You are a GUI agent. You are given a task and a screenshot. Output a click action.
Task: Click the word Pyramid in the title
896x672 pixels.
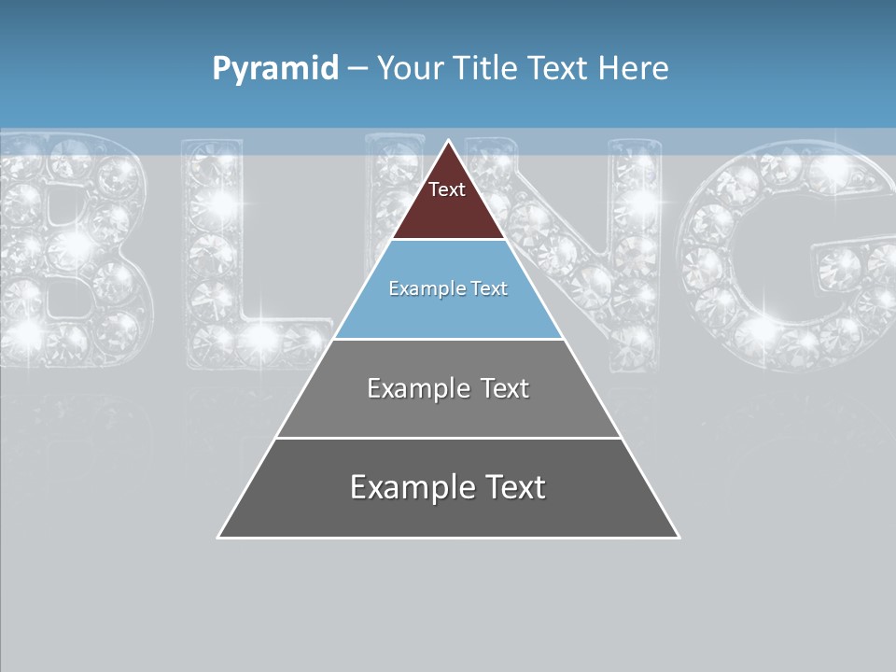pyautogui.click(x=274, y=68)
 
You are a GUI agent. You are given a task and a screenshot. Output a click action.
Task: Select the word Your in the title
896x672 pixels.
pyautogui.click(x=411, y=68)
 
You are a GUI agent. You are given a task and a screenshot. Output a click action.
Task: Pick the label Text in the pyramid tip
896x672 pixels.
pyautogui.click(x=447, y=189)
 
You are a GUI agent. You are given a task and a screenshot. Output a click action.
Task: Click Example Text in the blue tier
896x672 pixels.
pyautogui.click(x=448, y=288)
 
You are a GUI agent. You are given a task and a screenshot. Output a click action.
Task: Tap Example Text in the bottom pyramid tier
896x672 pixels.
pyautogui.click(x=448, y=487)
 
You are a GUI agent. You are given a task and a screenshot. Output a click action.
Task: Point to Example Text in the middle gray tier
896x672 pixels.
pyautogui.click(x=448, y=388)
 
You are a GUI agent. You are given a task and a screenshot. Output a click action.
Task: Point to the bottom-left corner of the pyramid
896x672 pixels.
pyautogui.click(x=219, y=537)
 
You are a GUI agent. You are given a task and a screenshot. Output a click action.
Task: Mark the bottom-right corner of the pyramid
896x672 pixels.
pyautogui.click(x=678, y=537)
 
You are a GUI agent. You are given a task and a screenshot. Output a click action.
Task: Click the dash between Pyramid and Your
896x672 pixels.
pyautogui.click(x=357, y=68)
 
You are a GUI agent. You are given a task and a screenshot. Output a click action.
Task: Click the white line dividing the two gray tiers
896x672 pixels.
pyautogui.click(x=448, y=438)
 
